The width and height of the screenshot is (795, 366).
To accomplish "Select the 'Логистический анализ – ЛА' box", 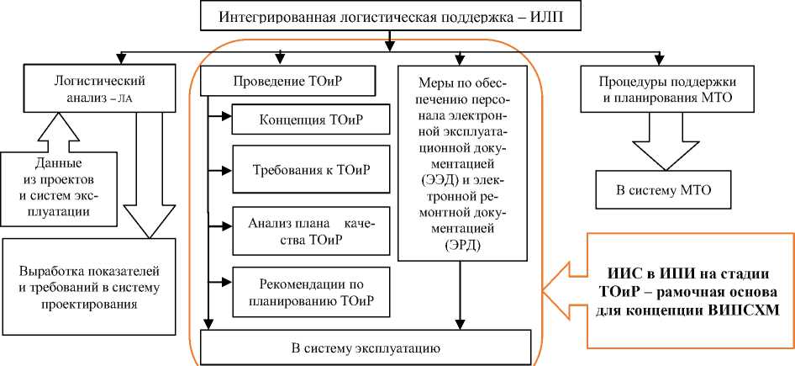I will [100, 88].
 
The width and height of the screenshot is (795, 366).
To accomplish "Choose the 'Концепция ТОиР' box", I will [312, 119].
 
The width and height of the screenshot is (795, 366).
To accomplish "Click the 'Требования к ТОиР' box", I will [312, 172].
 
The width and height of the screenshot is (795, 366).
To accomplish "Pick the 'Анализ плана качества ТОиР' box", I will [312, 231].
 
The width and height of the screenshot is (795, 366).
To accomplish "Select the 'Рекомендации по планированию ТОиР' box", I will [312, 288].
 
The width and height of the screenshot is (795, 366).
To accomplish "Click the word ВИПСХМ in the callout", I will [746, 307].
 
